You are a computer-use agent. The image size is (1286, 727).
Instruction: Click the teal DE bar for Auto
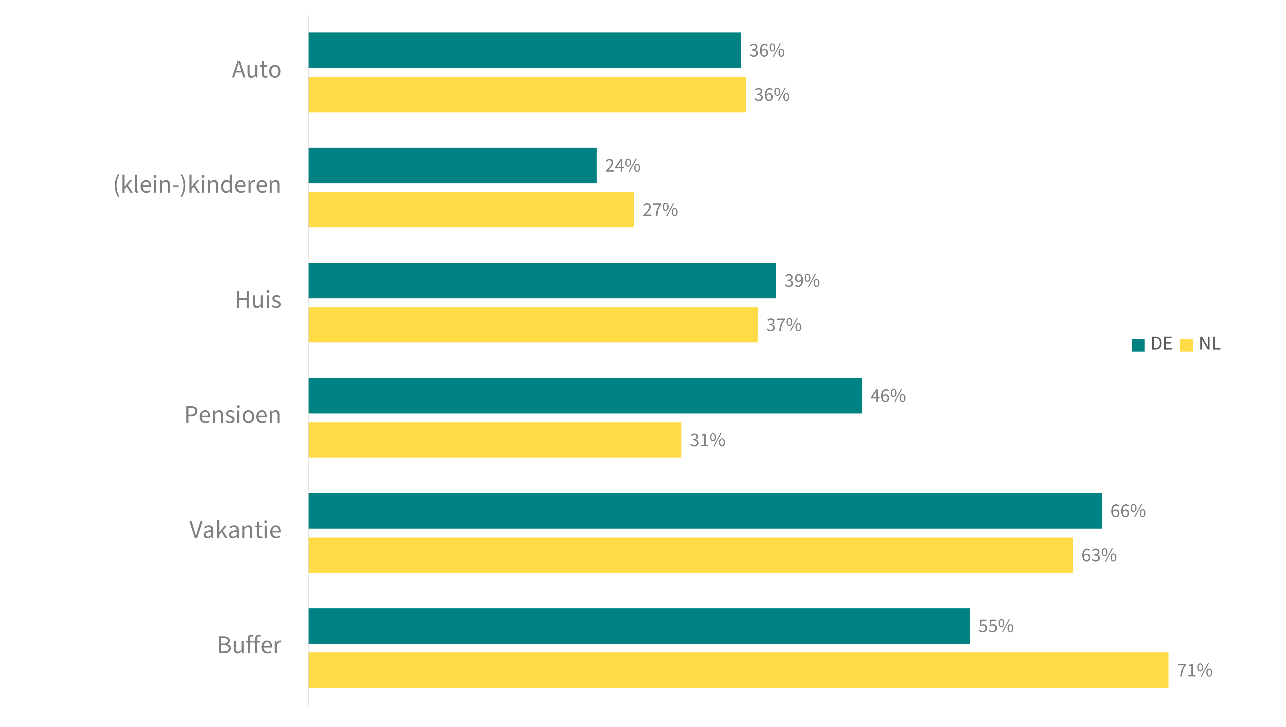tap(524, 51)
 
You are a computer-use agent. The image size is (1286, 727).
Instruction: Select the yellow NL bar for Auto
tap(527, 95)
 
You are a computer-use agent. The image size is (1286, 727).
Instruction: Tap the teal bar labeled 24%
tap(452, 165)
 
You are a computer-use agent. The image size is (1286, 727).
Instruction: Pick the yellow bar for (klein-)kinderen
tap(471, 210)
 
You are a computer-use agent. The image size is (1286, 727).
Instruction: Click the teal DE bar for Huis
tap(542, 281)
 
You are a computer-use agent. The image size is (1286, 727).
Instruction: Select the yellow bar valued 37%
tap(533, 325)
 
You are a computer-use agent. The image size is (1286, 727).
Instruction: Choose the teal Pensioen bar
tap(585, 396)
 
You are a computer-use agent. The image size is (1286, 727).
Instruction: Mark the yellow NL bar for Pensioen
tap(495, 440)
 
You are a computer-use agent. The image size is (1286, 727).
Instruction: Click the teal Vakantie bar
tap(705, 511)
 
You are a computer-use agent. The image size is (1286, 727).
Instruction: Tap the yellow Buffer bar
tap(738, 670)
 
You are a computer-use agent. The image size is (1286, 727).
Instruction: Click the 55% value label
tap(995, 626)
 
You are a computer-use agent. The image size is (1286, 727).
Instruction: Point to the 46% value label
tap(888, 396)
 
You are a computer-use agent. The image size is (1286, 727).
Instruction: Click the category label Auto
tap(256, 70)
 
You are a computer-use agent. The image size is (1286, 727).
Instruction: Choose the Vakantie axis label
tap(235, 530)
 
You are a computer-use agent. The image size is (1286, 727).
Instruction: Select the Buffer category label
tap(249, 646)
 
